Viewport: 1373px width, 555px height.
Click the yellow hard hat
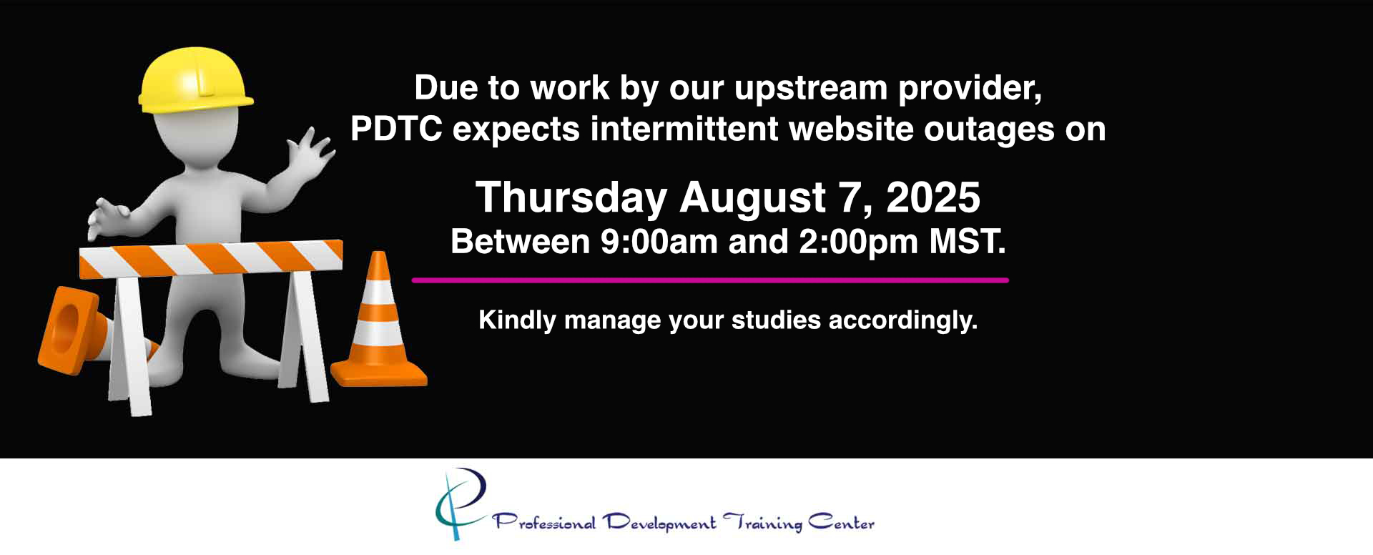click(195, 80)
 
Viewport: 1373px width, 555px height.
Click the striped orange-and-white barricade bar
click(211, 258)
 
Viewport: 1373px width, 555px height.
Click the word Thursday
click(571, 198)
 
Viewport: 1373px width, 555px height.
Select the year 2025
click(933, 197)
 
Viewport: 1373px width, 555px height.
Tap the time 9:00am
click(659, 242)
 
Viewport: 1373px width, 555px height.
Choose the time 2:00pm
click(858, 242)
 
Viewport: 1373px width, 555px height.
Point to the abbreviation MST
click(967, 242)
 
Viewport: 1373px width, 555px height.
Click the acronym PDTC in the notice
click(396, 129)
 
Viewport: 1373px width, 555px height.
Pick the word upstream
click(811, 89)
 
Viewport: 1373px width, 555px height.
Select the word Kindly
click(517, 320)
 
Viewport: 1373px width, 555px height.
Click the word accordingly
click(903, 320)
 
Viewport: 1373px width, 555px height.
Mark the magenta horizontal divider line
click(710, 280)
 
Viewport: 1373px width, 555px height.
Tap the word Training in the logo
click(762, 523)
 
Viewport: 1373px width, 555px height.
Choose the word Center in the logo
click(842, 522)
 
